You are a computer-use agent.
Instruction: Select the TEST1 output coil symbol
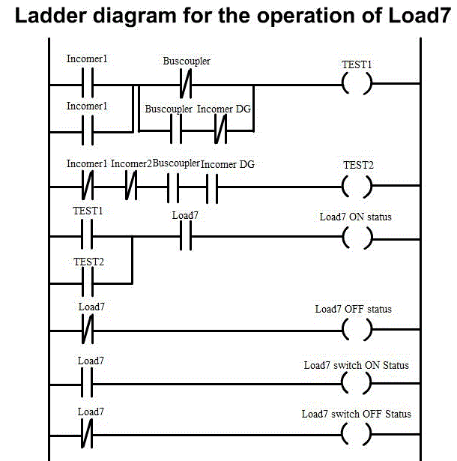click(x=357, y=82)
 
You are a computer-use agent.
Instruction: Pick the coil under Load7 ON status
click(x=357, y=239)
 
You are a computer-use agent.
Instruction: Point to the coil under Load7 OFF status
click(x=357, y=330)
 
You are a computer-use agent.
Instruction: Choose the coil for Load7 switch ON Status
click(x=357, y=383)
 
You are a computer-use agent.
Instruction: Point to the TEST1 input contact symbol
click(x=87, y=239)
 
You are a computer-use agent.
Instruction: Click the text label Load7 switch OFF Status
click(x=357, y=414)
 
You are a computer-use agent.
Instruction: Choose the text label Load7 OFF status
click(x=354, y=309)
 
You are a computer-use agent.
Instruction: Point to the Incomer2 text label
click(x=131, y=163)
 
